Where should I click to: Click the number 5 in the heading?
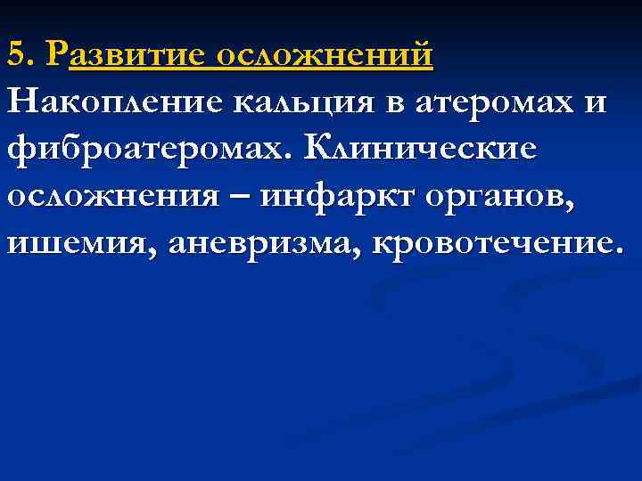point(15,55)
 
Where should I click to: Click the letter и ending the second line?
point(595,102)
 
